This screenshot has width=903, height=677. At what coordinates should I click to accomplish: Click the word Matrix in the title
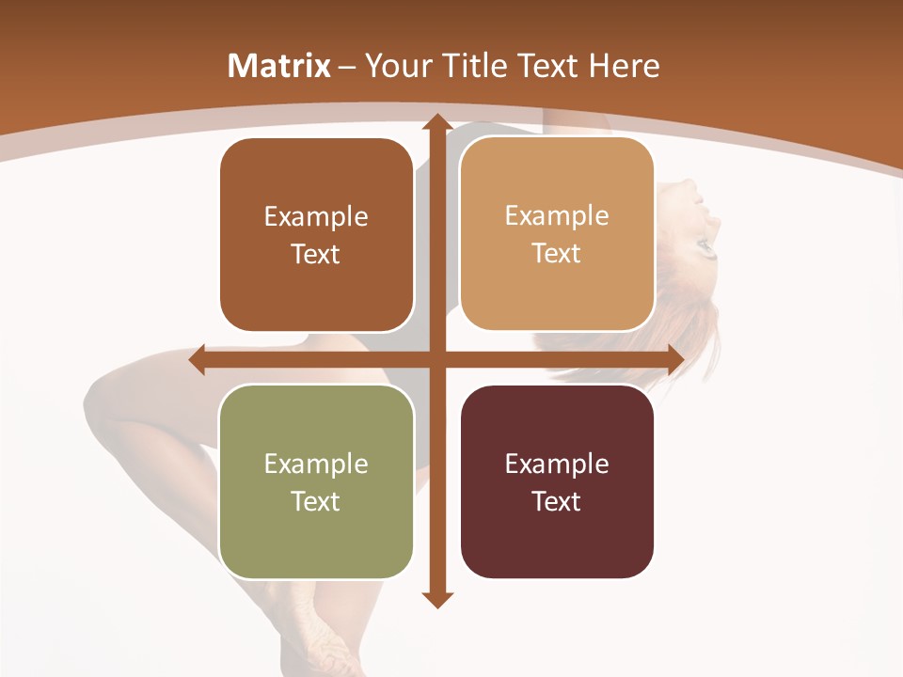click(x=279, y=66)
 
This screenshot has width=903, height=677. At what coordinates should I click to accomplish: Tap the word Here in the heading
click(x=624, y=66)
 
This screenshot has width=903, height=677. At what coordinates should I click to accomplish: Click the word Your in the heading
click(x=392, y=66)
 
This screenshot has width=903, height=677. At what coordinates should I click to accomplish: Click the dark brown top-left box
click(x=316, y=235)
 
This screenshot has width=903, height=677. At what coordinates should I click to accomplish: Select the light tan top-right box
click(x=557, y=234)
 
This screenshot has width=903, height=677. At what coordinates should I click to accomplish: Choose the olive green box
click(x=316, y=481)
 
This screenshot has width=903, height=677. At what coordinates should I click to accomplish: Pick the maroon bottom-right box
click(x=557, y=481)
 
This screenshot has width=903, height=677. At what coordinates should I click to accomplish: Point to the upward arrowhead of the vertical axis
click(x=436, y=122)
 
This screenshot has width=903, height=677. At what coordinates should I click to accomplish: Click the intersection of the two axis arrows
click(x=436, y=359)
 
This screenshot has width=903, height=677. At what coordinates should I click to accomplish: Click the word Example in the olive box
click(x=316, y=464)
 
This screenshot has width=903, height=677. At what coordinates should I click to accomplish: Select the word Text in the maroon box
click(x=557, y=501)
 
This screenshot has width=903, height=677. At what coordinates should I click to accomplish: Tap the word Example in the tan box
click(x=557, y=215)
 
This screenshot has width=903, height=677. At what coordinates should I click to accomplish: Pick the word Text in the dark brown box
click(x=316, y=254)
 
